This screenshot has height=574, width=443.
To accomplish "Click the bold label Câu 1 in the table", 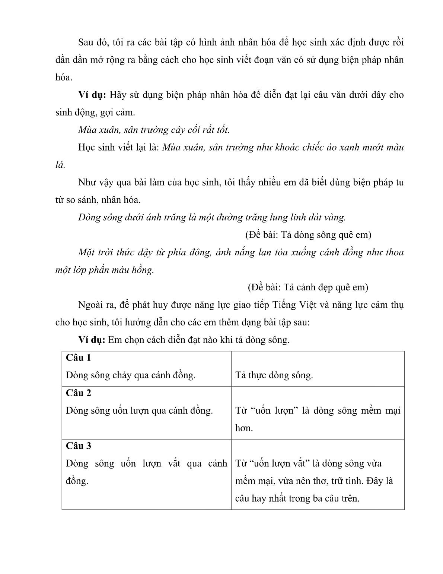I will click(x=78, y=358).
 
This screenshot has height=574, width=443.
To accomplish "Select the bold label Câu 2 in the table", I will click(x=78, y=393).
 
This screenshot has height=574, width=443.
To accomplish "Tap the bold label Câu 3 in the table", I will click(x=78, y=446).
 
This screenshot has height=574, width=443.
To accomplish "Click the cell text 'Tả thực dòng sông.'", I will click(x=274, y=375).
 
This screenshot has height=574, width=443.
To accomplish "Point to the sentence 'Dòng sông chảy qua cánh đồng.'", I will click(x=131, y=375).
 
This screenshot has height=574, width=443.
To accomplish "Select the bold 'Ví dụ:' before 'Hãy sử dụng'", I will click(x=92, y=95).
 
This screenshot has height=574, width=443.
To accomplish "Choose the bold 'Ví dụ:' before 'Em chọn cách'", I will click(x=92, y=340).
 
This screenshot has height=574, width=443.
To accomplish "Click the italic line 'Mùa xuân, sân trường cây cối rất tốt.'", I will click(x=154, y=130).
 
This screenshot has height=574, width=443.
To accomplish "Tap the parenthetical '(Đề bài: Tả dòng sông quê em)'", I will click(x=308, y=235).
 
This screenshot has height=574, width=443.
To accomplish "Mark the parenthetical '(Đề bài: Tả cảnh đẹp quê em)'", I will click(x=308, y=288).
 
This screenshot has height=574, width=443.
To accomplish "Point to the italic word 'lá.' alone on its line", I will click(x=60, y=165).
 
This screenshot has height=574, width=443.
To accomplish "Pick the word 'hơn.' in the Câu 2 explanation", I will click(x=244, y=428).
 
